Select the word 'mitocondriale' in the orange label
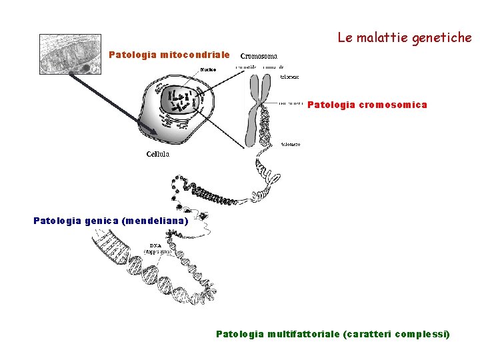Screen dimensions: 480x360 point(195,55)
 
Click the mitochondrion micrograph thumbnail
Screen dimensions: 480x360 point(70,53)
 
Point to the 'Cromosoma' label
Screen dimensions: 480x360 point(259,57)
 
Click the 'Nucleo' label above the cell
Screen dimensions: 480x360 point(209,69)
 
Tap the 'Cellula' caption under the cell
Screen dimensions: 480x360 point(158,154)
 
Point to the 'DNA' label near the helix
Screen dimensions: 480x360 point(156,245)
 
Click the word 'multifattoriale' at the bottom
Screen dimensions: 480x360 point(303,333)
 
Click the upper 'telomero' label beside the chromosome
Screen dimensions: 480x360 point(289,77)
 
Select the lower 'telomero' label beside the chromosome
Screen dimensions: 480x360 point(290,143)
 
